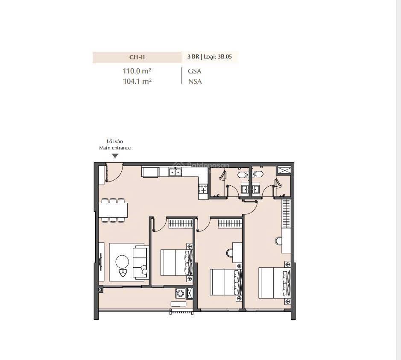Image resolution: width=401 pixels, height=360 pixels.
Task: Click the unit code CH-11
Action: (137, 57)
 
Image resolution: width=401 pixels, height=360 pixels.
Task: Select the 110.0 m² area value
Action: (137, 71)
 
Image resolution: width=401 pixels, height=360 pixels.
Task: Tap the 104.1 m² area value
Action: (137, 81)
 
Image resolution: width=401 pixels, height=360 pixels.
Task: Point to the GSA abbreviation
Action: (194, 71)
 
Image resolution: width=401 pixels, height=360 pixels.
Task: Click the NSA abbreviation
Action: (195, 81)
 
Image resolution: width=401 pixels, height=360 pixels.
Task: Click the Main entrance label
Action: (115, 148)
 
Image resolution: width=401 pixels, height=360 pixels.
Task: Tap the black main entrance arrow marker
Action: (115, 156)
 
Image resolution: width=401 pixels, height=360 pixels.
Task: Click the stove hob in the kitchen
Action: (203, 189)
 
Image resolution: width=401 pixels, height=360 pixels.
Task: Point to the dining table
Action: (113, 210)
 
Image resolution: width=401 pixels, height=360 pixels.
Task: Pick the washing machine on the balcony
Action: (180, 293)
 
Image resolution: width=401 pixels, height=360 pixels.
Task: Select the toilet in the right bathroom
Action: (257, 173)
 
